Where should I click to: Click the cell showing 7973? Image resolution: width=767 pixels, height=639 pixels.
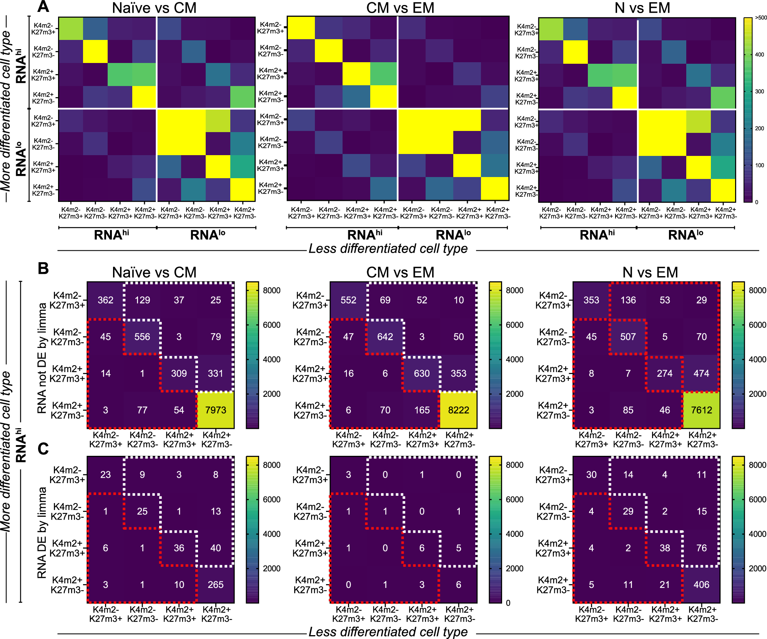[216, 410]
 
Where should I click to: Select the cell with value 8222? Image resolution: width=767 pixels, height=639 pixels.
[459, 410]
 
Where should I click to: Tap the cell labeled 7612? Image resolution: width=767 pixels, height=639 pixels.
[702, 410]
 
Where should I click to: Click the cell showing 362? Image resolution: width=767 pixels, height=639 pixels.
[105, 300]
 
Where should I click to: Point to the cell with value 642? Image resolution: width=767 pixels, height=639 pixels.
[385, 337]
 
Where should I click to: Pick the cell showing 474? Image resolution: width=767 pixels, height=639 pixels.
[702, 373]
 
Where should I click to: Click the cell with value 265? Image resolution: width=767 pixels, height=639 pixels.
[216, 584]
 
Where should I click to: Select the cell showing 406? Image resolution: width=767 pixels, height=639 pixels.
[702, 584]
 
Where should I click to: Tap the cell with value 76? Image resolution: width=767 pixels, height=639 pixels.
[702, 548]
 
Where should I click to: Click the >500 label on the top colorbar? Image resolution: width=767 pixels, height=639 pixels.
[760, 18]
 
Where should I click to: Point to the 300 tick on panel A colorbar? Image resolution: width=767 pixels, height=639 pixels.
[759, 91]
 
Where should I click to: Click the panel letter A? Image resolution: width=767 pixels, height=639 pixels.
[43, 7]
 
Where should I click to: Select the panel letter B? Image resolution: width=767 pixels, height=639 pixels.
[43, 268]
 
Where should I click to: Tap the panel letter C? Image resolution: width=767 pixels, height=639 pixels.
[43, 448]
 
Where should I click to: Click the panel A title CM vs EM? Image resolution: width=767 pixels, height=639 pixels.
[400, 8]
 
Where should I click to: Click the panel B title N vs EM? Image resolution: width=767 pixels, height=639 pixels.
[650, 272]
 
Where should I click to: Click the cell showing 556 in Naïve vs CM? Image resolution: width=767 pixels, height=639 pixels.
[142, 337]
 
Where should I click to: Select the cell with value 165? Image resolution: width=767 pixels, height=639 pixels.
[422, 410]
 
